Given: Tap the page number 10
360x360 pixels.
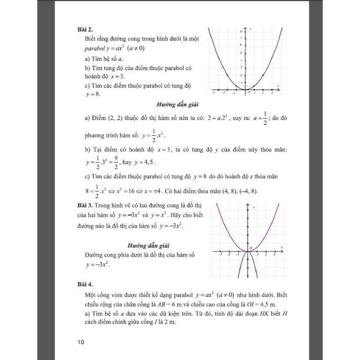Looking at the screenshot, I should [81, 342].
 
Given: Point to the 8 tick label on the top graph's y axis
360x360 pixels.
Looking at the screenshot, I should [241, 32].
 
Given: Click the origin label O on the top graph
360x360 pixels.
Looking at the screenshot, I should [248, 93].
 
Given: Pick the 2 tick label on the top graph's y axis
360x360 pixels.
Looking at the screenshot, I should [242, 75].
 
